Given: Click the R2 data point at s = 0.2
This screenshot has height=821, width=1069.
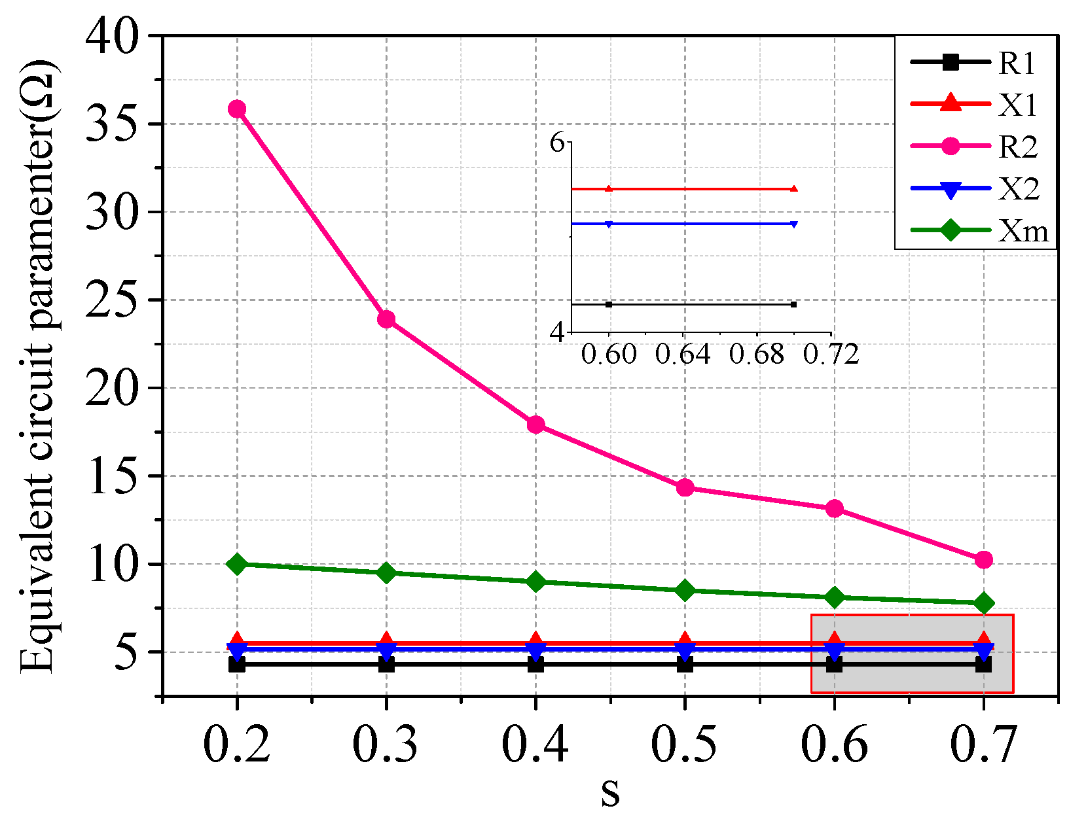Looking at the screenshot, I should pyautogui.click(x=237, y=109).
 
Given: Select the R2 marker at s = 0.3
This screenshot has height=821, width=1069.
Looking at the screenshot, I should pyautogui.click(x=386, y=319).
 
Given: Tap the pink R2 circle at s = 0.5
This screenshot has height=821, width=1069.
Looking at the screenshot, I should pyautogui.click(x=685, y=487).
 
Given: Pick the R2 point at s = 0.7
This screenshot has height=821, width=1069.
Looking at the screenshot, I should pyautogui.click(x=983, y=559).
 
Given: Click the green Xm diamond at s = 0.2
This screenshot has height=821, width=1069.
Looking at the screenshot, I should pyautogui.click(x=237, y=564).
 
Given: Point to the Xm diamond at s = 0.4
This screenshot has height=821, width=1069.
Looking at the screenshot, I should pyautogui.click(x=535, y=582).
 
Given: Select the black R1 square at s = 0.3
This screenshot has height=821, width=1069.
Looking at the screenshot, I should pyautogui.click(x=386, y=665).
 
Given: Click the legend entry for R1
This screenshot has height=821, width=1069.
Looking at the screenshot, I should pyautogui.click(x=975, y=63).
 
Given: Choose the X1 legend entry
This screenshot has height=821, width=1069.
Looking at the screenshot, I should pyautogui.click(x=975, y=105).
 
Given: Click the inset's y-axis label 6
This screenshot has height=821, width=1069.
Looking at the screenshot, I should pyautogui.click(x=557, y=142).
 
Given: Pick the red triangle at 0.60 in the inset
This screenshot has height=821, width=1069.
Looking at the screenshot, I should pyautogui.click(x=609, y=189).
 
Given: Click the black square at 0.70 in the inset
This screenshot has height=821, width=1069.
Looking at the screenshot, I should pyautogui.click(x=793, y=304).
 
